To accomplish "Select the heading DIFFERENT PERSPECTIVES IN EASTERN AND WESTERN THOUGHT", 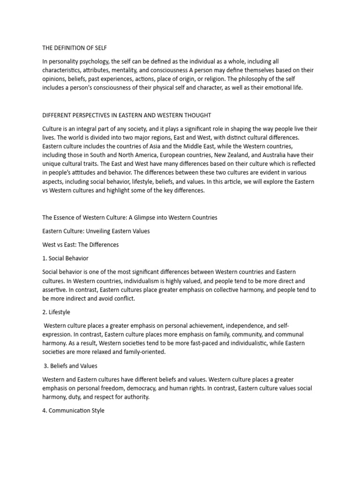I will [x=127, y=115].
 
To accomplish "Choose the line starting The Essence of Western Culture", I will [x=130, y=217].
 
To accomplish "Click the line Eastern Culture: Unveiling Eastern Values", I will [x=96, y=231].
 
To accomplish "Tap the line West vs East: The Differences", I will [x=80, y=245].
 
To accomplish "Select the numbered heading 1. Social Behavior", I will [x=65, y=258].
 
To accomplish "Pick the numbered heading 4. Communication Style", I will [x=74, y=411].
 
